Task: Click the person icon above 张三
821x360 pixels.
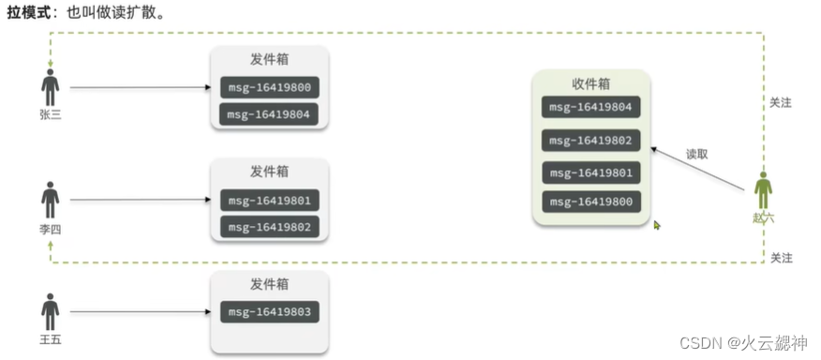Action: [50, 87]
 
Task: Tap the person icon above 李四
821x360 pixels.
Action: [50, 200]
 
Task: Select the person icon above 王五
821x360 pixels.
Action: [50, 311]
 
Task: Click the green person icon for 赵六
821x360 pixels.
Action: [764, 190]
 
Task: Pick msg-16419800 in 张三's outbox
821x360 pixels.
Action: [271, 88]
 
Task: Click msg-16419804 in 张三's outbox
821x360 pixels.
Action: [271, 115]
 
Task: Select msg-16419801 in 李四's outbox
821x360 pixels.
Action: [271, 200]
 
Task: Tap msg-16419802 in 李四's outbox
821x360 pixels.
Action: [271, 227]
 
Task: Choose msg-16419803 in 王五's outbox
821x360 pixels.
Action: [271, 311]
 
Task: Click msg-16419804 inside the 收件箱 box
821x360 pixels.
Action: [591, 107]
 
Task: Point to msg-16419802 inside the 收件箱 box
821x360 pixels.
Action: [591, 141]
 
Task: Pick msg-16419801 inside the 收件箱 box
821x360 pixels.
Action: [591, 172]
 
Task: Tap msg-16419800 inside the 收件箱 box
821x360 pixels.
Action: [591, 202]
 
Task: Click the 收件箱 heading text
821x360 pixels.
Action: [591, 82]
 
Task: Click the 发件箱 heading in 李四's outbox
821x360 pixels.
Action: [270, 172]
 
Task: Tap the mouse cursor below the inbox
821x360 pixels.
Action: [657, 225]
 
